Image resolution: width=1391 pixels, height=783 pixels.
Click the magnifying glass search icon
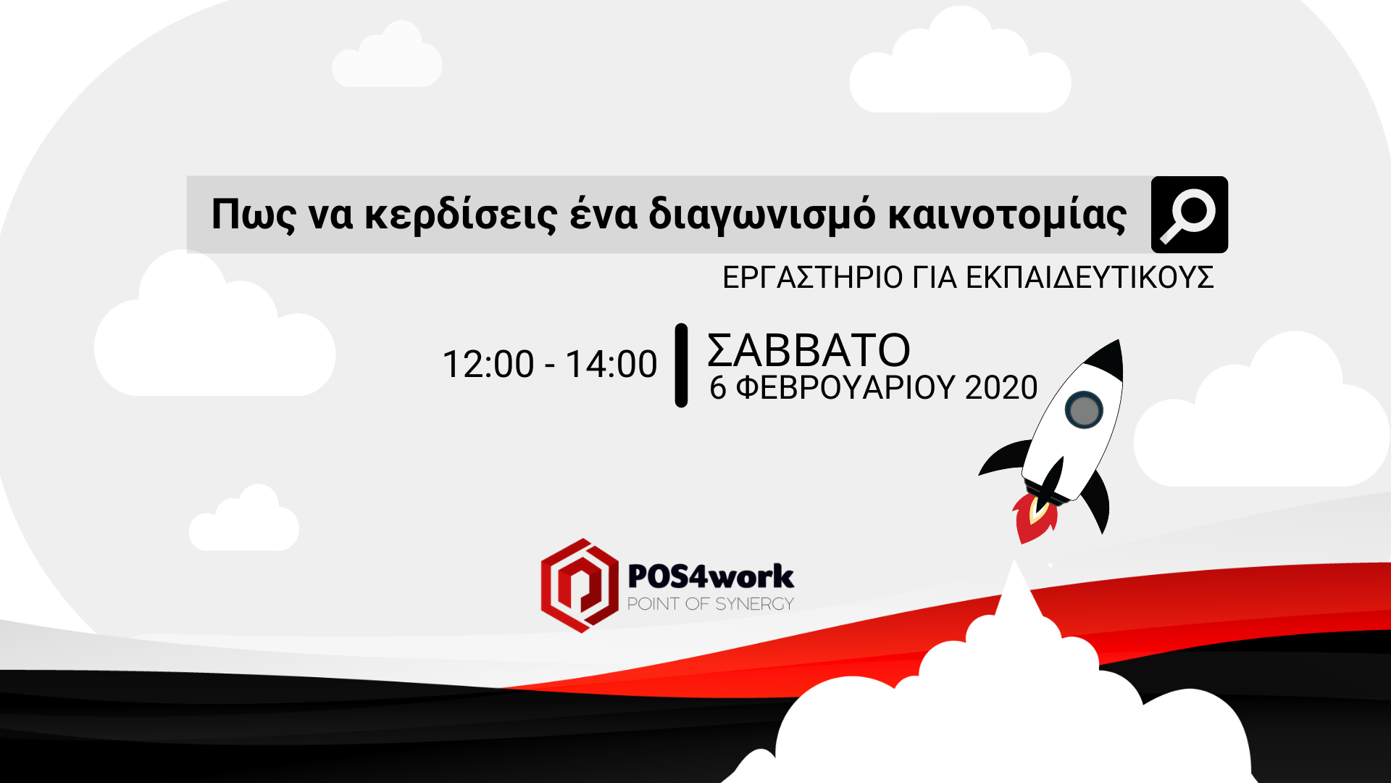[x=1189, y=215]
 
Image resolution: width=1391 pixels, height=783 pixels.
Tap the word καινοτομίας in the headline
[x=1007, y=215]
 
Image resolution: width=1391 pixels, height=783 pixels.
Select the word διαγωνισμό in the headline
[x=761, y=215]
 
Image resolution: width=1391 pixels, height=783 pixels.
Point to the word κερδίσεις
[x=461, y=215]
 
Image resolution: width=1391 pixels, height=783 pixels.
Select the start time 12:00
[x=488, y=364]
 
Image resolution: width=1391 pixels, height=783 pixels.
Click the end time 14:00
[x=611, y=364]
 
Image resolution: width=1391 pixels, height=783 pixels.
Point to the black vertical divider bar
[x=681, y=365]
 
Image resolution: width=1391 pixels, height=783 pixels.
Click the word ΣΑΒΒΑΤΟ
[x=809, y=350]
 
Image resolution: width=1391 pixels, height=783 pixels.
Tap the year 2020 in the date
[x=1001, y=388]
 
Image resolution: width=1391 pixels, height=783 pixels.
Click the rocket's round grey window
[x=1084, y=410]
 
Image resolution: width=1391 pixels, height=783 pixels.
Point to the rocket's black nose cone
[x=1106, y=360]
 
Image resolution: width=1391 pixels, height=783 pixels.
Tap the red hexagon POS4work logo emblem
[x=580, y=586]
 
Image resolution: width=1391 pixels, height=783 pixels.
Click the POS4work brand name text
[x=711, y=576]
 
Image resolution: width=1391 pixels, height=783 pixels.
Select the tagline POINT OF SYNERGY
[x=711, y=604]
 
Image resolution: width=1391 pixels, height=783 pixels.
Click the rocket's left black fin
[x=1003, y=458]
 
